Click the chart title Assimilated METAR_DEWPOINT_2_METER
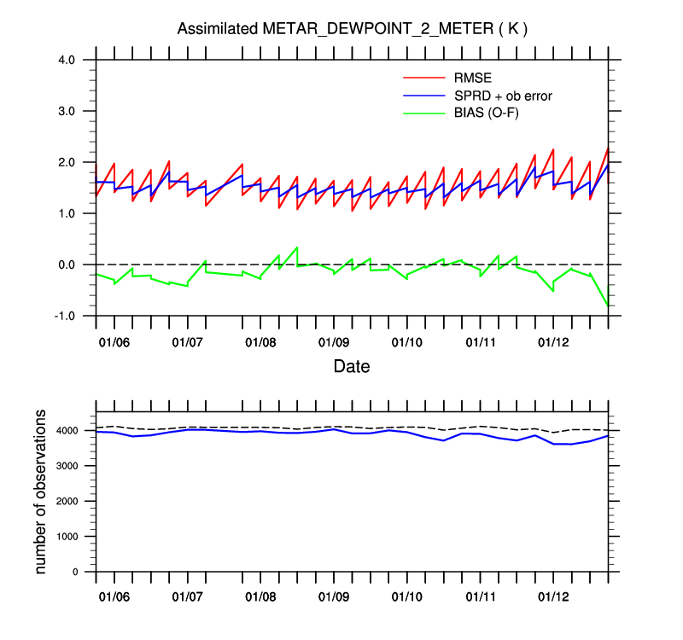pos(352,29)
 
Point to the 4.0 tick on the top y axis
pos(67,60)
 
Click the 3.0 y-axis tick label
pos(67,111)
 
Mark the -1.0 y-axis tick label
pos(65,316)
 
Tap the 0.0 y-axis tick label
pos(67,265)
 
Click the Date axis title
pos(352,367)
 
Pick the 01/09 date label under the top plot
pos(334,343)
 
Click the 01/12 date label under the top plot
pos(553,343)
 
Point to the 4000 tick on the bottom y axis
pos(72,430)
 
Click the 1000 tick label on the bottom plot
pos(72,536)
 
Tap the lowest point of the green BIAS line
pos(607,305)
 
